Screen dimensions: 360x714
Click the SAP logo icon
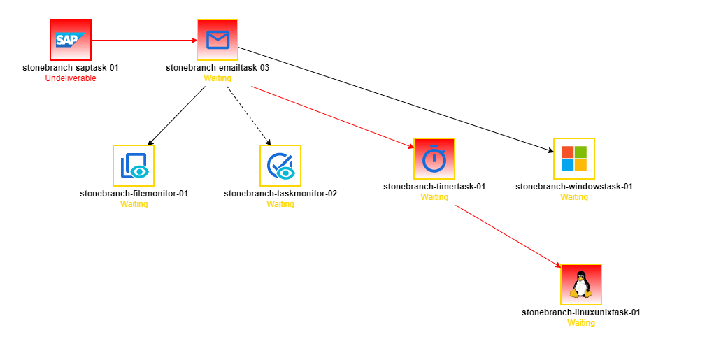(71, 40)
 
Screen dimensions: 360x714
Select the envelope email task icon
(217, 40)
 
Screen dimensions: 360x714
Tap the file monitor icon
(134, 166)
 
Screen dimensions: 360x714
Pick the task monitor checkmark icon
(280, 166)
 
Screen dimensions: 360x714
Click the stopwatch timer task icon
(434, 159)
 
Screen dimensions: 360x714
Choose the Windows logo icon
(574, 159)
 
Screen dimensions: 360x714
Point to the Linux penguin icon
(581, 285)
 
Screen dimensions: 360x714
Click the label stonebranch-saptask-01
(71, 68)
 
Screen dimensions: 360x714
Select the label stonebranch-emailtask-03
(217, 68)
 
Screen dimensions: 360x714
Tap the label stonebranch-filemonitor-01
(134, 194)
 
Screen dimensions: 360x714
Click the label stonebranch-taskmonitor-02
(280, 194)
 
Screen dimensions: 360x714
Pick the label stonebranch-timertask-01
(434, 187)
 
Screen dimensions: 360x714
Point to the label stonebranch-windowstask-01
(574, 187)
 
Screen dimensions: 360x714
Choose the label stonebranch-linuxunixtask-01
(581, 312)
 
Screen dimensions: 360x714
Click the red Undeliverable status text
(71, 78)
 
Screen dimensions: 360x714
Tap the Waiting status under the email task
(217, 78)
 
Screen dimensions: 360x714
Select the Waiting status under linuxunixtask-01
(581, 323)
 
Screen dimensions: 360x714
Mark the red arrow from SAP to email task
(144, 40)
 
